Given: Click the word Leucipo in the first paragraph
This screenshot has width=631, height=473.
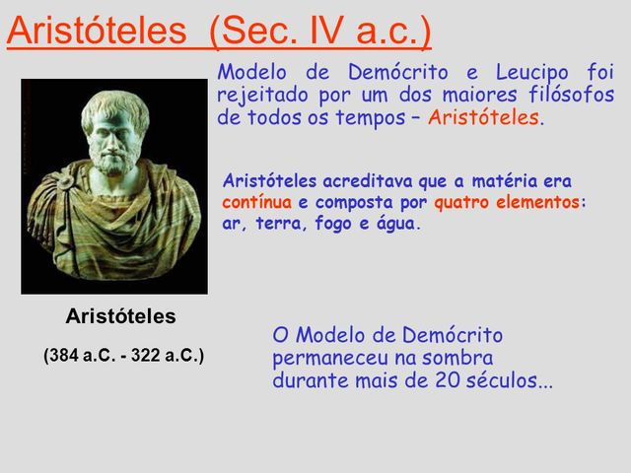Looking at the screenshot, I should point(533,72).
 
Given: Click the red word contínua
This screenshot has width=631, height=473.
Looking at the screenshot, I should point(256,202).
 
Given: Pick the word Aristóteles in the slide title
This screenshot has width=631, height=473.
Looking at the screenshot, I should point(95,32).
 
